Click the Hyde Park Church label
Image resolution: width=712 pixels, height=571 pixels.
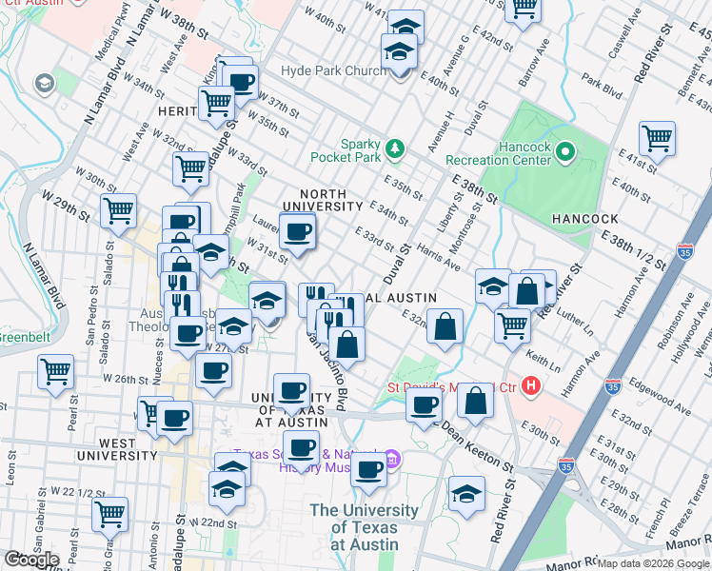[x=332, y=71]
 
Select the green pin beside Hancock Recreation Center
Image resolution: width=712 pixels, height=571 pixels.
[x=564, y=151]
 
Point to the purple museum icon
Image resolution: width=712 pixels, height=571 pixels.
[x=391, y=459]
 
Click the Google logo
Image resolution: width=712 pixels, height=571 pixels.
[x=31, y=559]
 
